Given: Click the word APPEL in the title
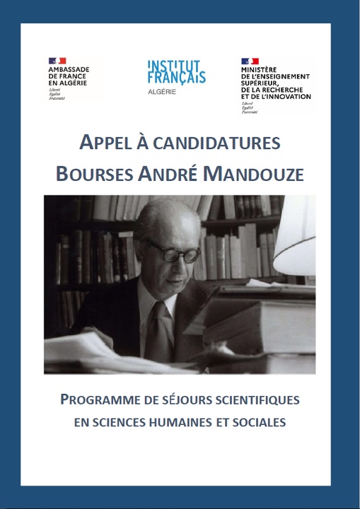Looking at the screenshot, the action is point(103,144).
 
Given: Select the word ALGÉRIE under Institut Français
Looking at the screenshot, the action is point(163,92).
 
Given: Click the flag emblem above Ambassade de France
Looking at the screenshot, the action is point(57,62).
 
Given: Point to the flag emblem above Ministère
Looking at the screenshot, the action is point(250,62).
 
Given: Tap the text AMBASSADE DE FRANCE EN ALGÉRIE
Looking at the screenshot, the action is point(74,77).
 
